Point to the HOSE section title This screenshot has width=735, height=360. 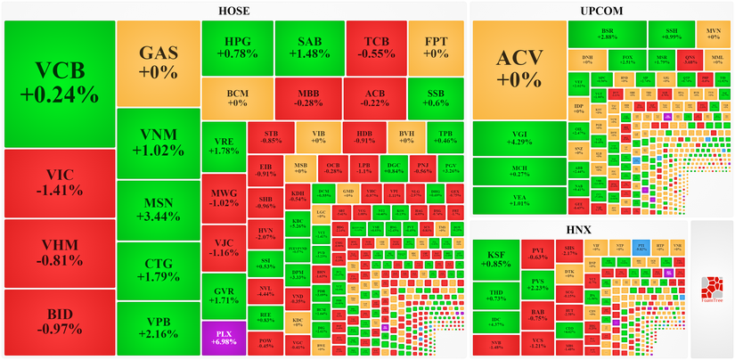[x=234, y=11]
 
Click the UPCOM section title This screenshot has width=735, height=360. [x=600, y=11]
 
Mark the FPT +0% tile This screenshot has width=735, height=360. [x=436, y=46]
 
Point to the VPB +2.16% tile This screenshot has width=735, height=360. [x=157, y=327]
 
